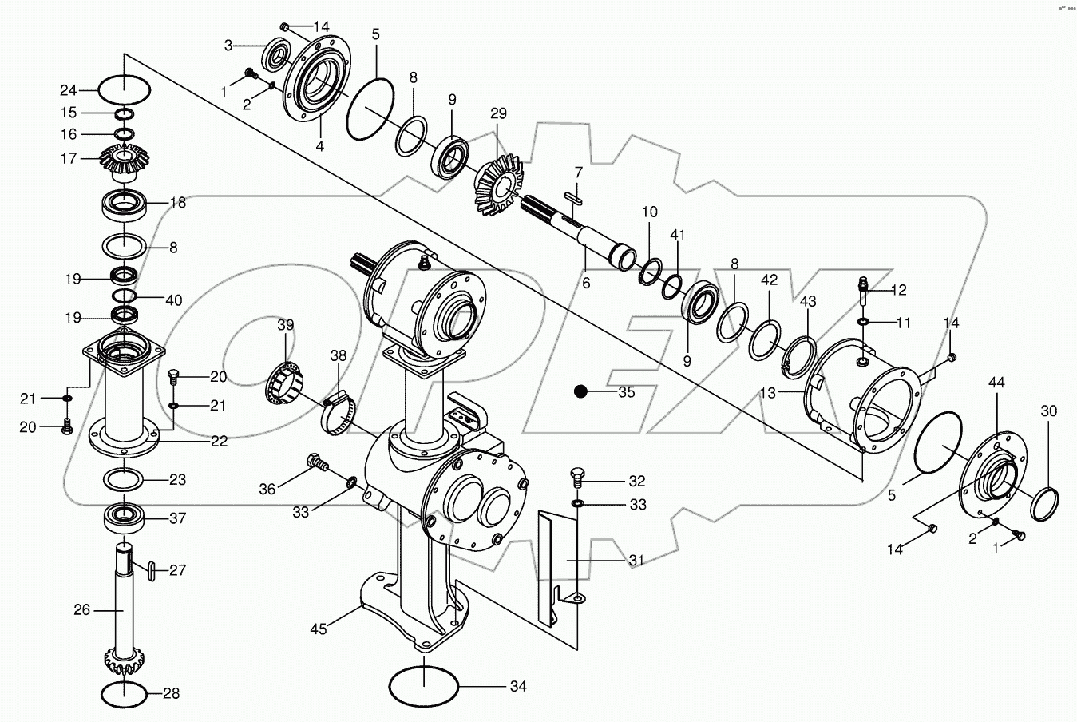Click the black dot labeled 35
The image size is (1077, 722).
click(x=580, y=391)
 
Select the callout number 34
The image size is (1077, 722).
click(x=518, y=687)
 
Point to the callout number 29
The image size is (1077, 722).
click(x=498, y=114)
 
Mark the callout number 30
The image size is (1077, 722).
click(x=1048, y=411)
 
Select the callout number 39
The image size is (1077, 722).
click(x=285, y=325)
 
